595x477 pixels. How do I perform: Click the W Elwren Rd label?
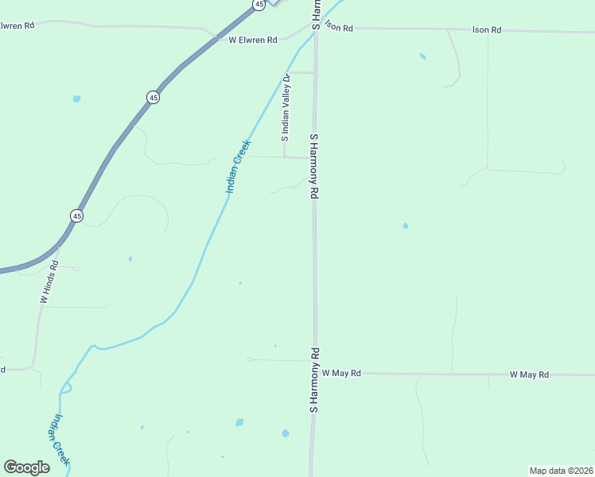pyautogui.click(x=252, y=40)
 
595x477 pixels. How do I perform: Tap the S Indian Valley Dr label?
pyautogui.click(x=285, y=107)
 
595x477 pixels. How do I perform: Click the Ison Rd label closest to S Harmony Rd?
pyautogui.click(x=337, y=27)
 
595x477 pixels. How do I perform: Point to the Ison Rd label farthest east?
pyautogui.click(x=487, y=30)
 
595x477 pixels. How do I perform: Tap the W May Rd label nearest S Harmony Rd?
pyautogui.click(x=341, y=373)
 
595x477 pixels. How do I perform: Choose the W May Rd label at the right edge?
pyautogui.click(x=529, y=374)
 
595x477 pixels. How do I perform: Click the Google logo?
pyautogui.click(x=26, y=467)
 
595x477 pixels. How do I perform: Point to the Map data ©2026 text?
pyautogui.click(x=561, y=471)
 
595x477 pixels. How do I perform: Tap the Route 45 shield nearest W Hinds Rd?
pyautogui.click(x=76, y=215)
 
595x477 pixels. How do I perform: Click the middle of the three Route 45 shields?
pyautogui.click(x=153, y=97)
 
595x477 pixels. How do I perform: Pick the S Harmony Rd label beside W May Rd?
pyautogui.click(x=314, y=379)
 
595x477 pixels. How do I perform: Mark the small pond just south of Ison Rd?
pyautogui.click(x=422, y=56)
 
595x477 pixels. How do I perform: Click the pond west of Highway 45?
pyautogui.click(x=76, y=99)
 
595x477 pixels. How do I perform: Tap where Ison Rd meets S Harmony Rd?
pyautogui.click(x=316, y=29)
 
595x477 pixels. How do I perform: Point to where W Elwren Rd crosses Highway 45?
pyautogui.click(x=216, y=37)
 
